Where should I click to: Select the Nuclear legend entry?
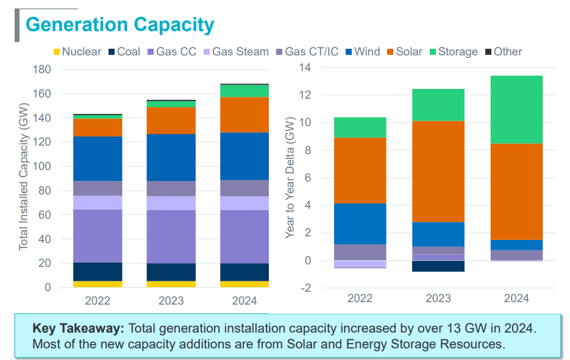tap(77, 52)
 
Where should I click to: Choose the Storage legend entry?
tap(452, 52)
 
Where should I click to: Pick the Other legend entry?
tap(503, 52)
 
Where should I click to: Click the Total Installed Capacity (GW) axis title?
tap(23, 178)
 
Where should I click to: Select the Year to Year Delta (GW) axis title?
tap(290, 178)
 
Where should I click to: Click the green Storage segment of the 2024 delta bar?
tap(516, 110)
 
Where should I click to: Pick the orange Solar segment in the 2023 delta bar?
tap(438, 171)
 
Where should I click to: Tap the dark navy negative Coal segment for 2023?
tap(438, 266)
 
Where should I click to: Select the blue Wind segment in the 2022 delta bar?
tap(360, 224)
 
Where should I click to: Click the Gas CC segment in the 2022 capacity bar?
tap(98, 236)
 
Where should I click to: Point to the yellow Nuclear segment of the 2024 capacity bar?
tap(244, 284)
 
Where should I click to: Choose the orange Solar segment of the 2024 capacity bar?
tap(244, 115)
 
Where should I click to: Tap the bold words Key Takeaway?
tap(78, 328)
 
